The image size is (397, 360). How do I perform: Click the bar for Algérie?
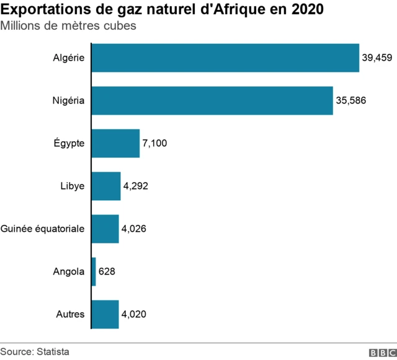click(x=225, y=58)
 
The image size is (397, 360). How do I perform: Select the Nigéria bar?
click(x=212, y=101)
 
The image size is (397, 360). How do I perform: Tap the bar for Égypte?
click(x=115, y=143)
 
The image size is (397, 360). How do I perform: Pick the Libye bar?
click(x=106, y=186)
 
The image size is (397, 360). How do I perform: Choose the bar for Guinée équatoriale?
click(x=105, y=229)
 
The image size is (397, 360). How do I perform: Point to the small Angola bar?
click(x=94, y=271)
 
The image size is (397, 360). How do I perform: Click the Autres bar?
click(x=105, y=314)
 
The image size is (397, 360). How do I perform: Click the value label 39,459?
click(x=377, y=58)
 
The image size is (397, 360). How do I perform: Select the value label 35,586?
click(x=350, y=101)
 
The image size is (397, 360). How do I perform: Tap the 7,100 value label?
click(x=155, y=143)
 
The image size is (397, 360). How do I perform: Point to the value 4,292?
click(x=136, y=186)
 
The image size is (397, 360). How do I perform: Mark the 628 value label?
click(x=107, y=271)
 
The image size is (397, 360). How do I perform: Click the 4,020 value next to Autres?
click(x=134, y=314)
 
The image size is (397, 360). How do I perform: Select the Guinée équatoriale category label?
click(x=43, y=229)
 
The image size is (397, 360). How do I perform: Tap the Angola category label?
click(x=69, y=271)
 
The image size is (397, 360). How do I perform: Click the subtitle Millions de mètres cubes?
click(x=68, y=27)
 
